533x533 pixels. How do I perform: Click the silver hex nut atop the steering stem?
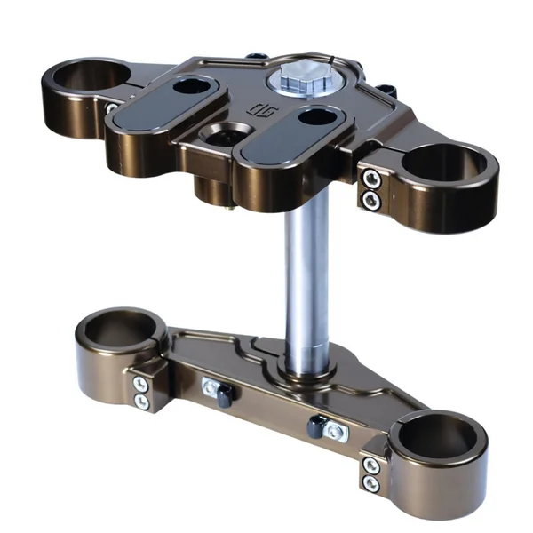297,81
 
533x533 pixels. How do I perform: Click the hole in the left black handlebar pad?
189,87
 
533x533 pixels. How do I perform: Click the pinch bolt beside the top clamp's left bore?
113,107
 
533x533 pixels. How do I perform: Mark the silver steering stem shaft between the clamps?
308,284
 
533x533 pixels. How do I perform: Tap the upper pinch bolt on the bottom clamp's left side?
139,385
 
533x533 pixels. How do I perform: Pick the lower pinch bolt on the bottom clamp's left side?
139,402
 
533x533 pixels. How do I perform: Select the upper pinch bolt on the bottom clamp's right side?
370,466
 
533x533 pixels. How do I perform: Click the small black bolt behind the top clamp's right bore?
387,91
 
